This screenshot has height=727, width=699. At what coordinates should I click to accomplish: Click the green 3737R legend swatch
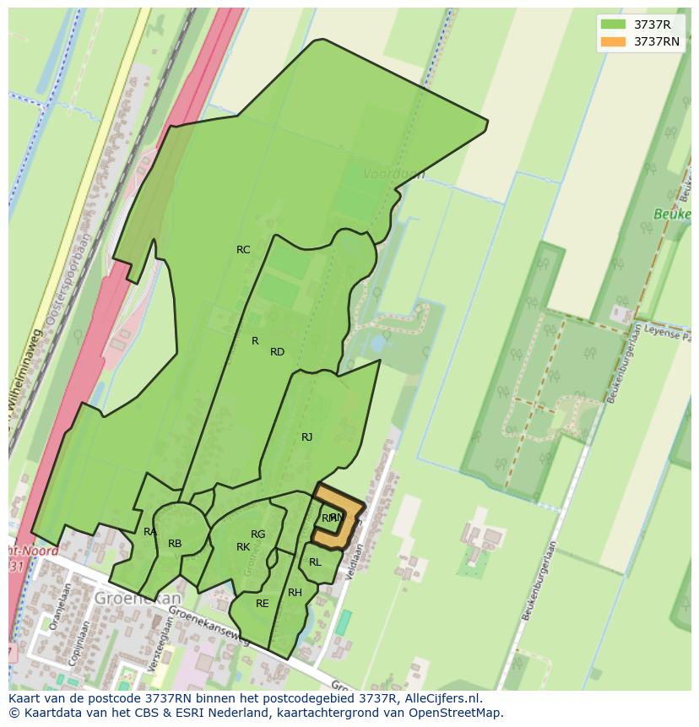pos(614,24)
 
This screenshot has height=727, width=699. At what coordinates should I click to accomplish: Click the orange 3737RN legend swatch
pos(614,41)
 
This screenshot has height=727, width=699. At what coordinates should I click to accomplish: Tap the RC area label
pos(243,250)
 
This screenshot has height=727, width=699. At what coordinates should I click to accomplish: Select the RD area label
pos(277,352)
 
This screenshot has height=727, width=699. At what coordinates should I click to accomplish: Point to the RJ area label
pos(306,437)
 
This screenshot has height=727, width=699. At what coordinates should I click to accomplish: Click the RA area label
pos(149,532)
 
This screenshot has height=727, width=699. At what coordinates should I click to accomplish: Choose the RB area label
pos(175,544)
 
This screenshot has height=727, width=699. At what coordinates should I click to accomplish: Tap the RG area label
pos(257,534)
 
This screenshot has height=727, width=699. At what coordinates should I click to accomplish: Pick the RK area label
pos(243,547)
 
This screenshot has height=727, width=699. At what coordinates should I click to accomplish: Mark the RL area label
pos(315,562)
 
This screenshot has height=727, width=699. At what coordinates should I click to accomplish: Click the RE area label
pos(262,604)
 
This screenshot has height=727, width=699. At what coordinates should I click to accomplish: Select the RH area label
pos(295,593)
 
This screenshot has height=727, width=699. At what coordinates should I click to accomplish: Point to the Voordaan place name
pos(393,174)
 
